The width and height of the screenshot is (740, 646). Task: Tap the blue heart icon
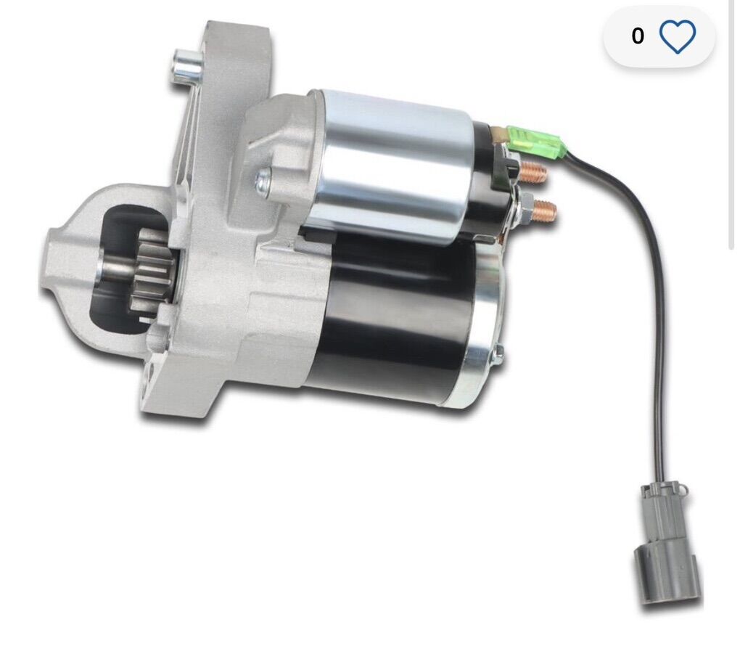[x=678, y=36]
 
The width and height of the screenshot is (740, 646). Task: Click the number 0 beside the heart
[x=638, y=36]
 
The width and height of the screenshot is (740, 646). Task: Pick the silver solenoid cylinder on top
[x=392, y=163]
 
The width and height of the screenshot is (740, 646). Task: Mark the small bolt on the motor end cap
[x=498, y=353]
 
